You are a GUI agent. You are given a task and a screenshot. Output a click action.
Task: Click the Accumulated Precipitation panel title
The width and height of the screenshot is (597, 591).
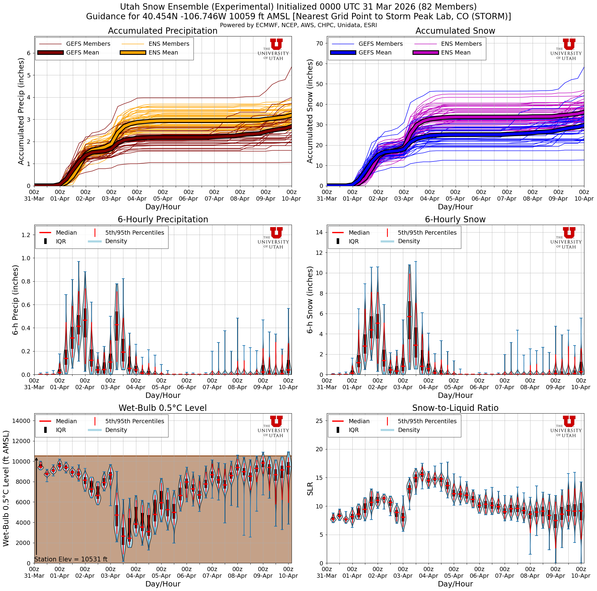coord(162,31)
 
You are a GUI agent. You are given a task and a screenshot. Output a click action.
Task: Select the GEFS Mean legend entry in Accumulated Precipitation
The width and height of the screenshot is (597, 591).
coord(82,53)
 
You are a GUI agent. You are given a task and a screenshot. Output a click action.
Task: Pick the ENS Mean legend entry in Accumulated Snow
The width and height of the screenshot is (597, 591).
coord(456,53)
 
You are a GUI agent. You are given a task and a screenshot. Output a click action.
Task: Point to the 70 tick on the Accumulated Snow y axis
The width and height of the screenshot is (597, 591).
coord(319,43)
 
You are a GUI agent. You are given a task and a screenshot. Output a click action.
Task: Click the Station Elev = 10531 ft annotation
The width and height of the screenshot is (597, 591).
coord(71,559)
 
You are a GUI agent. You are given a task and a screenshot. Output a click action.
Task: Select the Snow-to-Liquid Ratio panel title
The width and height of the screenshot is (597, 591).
coord(455,408)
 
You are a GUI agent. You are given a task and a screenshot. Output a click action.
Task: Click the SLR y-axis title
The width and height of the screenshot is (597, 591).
coord(310,488)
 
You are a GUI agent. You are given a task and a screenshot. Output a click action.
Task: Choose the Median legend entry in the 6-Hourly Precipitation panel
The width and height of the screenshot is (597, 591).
coord(66,233)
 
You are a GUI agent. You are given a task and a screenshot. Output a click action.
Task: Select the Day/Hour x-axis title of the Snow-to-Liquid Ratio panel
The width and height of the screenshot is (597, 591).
coord(455,583)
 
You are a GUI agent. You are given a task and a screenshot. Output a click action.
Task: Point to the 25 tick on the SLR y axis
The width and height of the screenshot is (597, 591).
coord(319,421)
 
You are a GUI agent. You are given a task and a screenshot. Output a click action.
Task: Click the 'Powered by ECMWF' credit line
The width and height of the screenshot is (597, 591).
coord(298,25)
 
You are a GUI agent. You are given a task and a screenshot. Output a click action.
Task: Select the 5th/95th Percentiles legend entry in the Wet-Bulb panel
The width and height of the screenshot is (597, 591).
coord(135,421)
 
